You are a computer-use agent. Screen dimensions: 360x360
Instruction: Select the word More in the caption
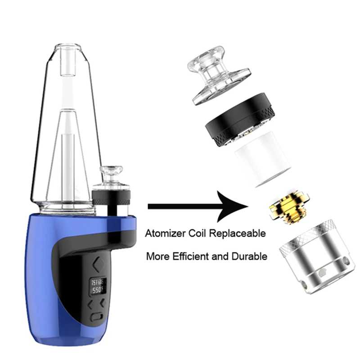click(x=157, y=256)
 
